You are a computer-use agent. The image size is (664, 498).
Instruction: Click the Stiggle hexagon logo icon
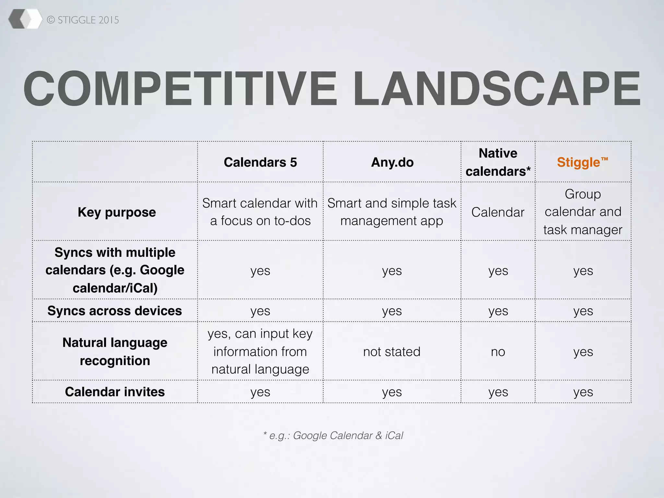point(25,19)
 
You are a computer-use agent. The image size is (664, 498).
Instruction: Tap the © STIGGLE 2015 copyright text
point(83,20)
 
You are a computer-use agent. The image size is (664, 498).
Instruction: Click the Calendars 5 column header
point(260,162)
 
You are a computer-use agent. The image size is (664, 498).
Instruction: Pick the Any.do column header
point(392,162)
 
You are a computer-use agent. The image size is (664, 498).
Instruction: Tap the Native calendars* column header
point(498,162)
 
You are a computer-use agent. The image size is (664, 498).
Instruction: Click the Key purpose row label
point(117,212)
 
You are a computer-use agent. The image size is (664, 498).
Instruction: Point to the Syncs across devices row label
point(115,311)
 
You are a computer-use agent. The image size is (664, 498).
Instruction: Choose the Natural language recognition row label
point(115,351)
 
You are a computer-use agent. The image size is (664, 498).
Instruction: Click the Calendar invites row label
point(115,392)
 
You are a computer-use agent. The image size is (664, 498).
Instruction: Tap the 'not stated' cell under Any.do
point(392,351)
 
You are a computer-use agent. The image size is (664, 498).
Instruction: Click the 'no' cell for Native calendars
point(498,352)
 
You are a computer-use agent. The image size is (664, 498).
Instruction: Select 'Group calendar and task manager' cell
point(583,212)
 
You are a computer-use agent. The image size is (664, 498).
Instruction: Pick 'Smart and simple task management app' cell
point(392,212)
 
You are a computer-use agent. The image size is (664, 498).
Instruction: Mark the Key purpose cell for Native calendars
point(498,212)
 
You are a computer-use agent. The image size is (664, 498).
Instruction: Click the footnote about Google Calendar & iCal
point(333,435)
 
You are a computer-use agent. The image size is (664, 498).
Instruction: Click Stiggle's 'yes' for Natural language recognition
point(583,352)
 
